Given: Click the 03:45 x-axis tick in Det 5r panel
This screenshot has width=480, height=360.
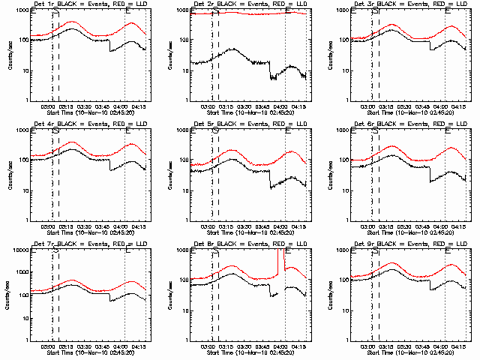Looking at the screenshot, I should [x=264, y=226].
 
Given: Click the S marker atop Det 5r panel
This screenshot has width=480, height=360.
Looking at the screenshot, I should [x=216, y=130].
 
